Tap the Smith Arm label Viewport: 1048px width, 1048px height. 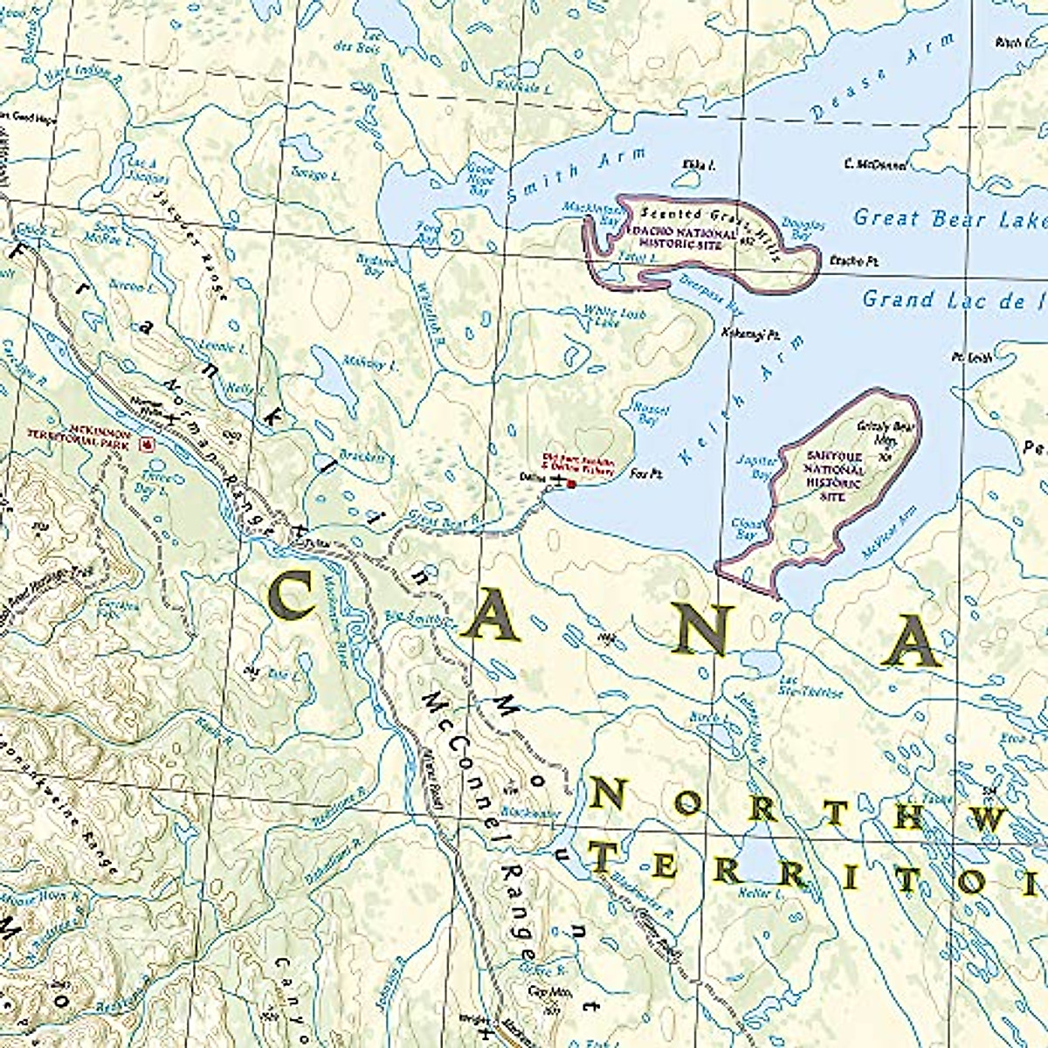pyautogui.click(x=579, y=175)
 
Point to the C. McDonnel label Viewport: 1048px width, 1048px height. pyautogui.click(x=875, y=164)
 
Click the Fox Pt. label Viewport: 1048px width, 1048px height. pyautogui.click(x=641, y=472)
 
